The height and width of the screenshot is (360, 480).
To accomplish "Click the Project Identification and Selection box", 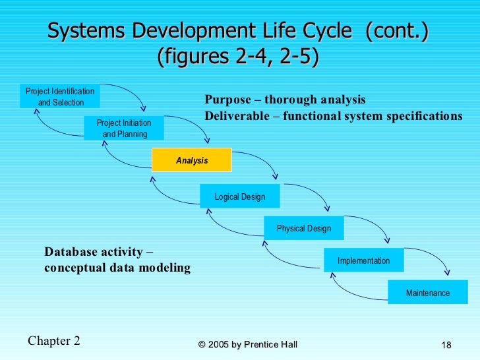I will click(60, 96).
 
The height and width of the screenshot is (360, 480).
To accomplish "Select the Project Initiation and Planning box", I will click(124, 129).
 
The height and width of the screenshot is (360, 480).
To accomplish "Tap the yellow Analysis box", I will click(192, 160).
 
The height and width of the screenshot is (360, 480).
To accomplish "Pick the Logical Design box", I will click(240, 196).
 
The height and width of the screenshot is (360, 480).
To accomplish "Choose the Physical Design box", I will click(304, 228).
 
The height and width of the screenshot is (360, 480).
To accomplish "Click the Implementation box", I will click(363, 260).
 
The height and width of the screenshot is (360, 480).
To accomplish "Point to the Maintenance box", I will click(428, 293).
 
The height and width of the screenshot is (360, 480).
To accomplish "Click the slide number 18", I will click(446, 345).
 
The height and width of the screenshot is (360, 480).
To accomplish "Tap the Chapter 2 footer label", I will click(54, 341).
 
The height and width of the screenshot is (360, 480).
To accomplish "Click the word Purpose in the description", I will click(227, 100).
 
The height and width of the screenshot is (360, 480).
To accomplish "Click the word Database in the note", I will click(71, 252).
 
